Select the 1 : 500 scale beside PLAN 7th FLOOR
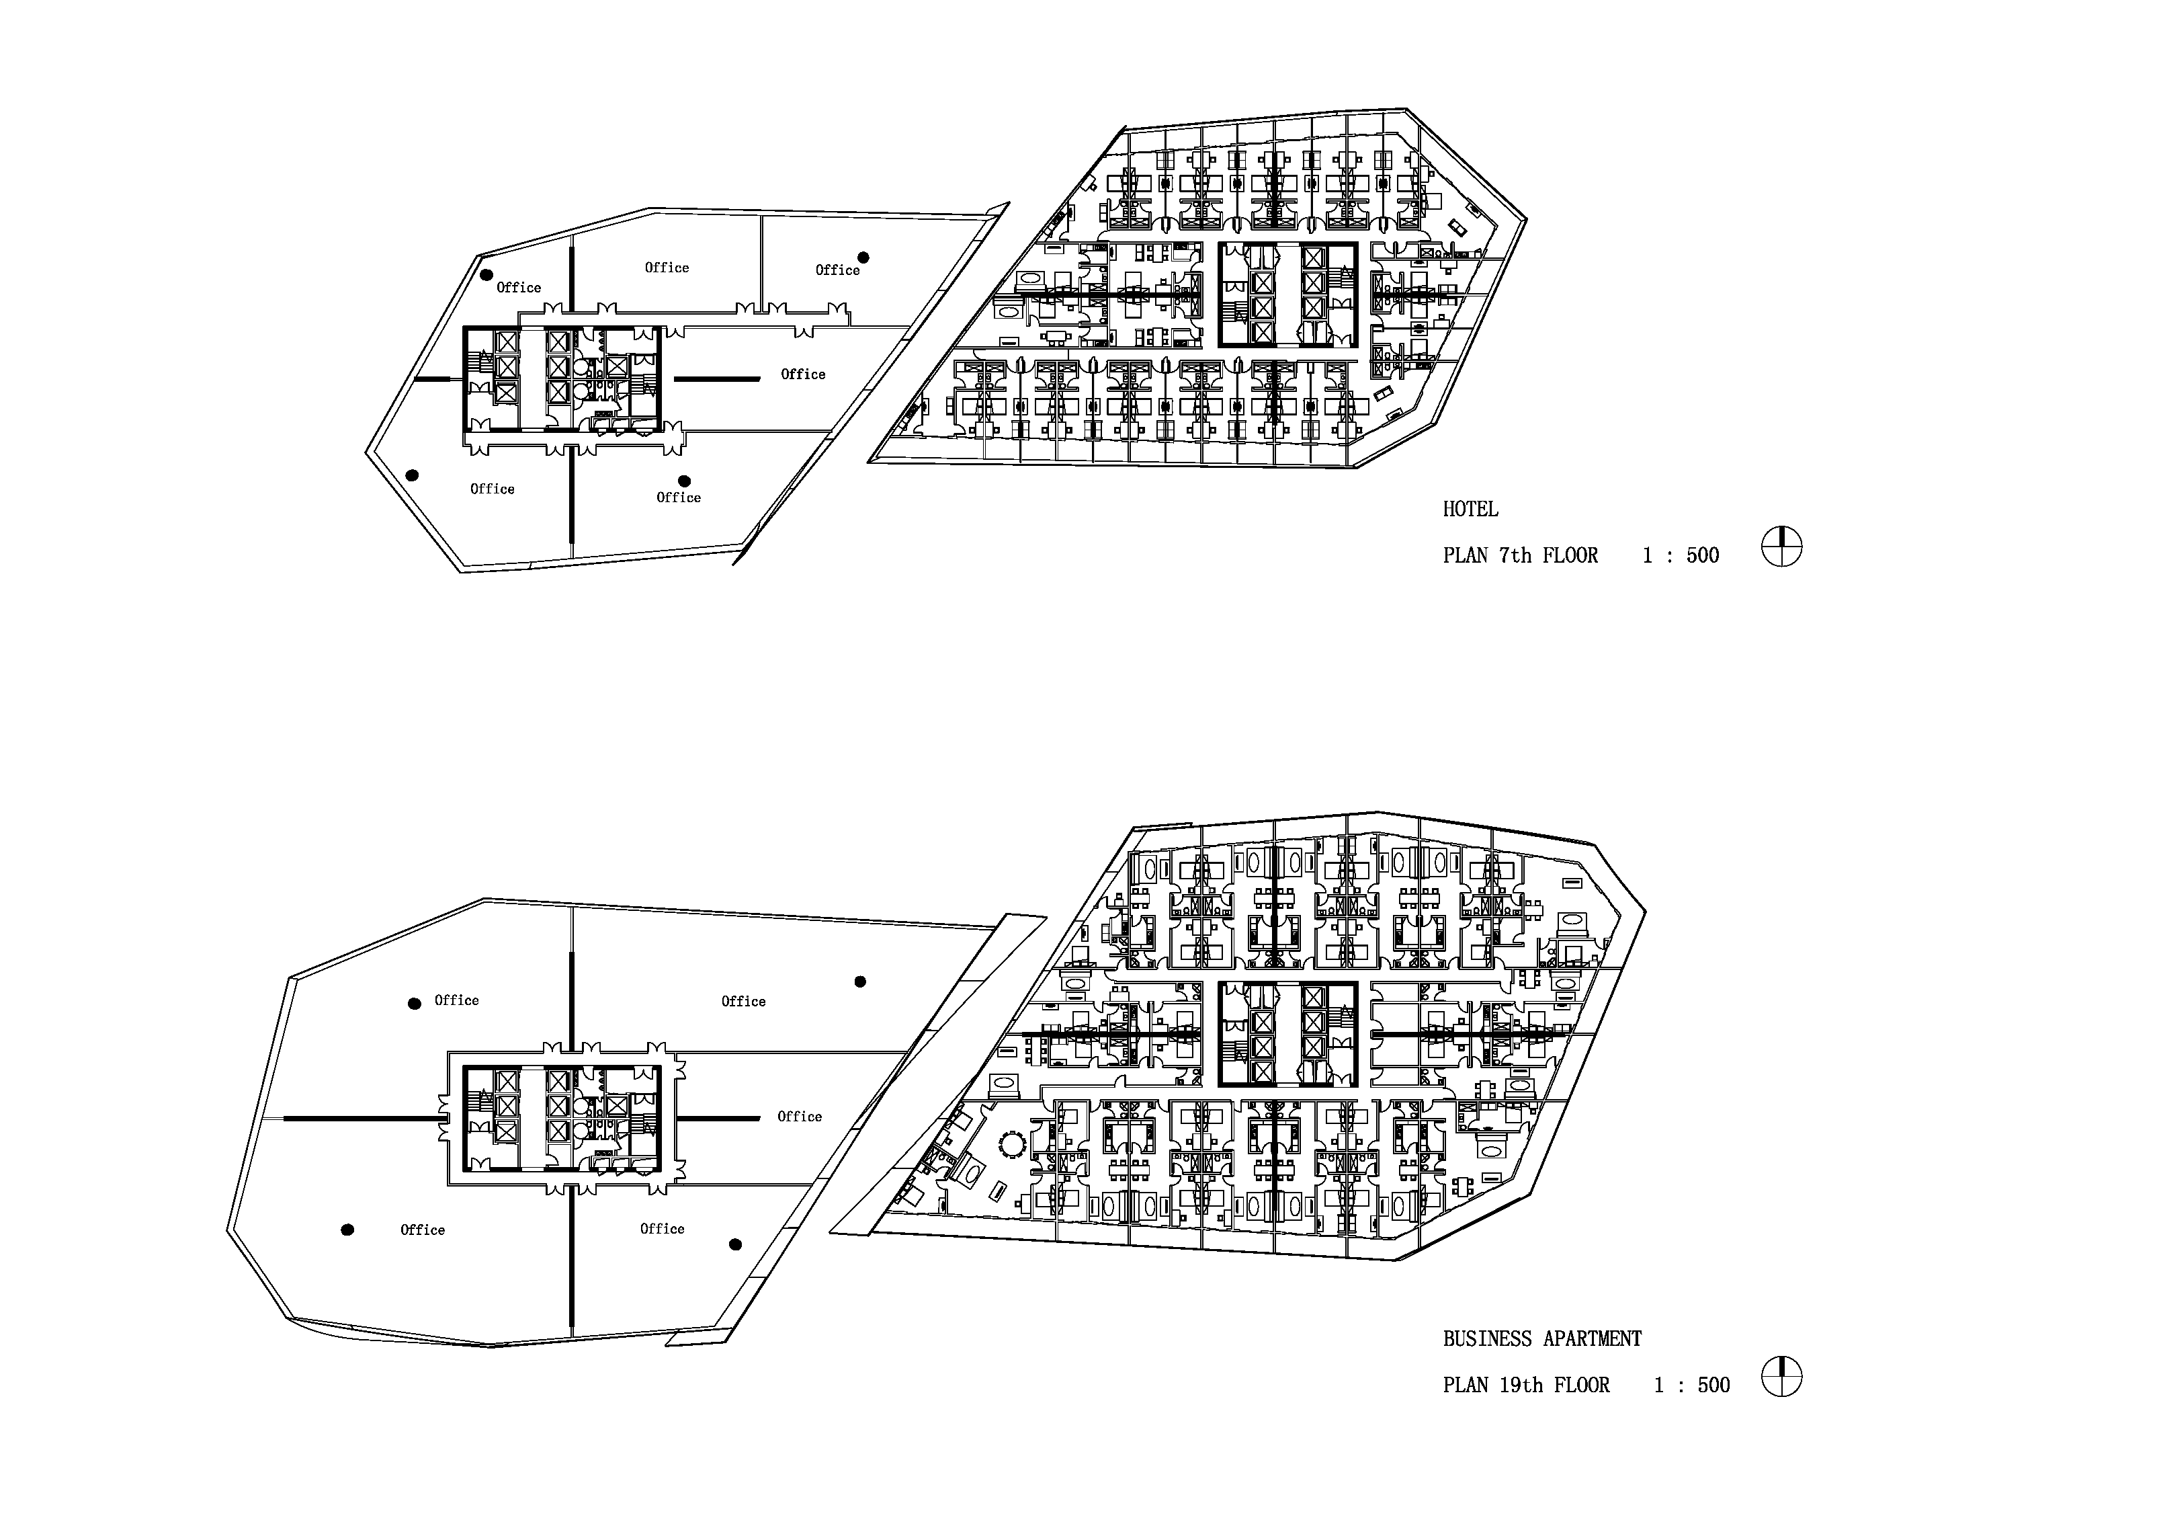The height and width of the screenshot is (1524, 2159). (x=1681, y=556)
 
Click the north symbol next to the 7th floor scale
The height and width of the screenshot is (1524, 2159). (x=1781, y=547)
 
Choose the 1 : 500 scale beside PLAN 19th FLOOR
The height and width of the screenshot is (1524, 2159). (x=1692, y=1386)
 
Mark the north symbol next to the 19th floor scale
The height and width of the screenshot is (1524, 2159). (x=1781, y=1376)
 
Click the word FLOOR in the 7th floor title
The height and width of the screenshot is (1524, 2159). (x=1570, y=556)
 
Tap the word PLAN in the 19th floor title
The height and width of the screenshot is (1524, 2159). (x=1465, y=1386)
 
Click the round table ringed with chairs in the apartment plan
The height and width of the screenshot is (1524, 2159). (x=1013, y=1145)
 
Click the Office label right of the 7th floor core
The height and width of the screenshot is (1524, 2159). (x=803, y=374)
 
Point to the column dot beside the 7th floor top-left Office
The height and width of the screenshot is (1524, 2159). (x=486, y=275)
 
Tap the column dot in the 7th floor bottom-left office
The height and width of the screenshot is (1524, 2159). (x=412, y=475)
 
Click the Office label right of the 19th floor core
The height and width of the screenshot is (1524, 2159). (x=799, y=1117)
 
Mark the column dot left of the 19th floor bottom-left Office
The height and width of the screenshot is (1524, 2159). (x=347, y=1230)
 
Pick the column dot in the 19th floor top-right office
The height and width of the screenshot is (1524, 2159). (x=859, y=982)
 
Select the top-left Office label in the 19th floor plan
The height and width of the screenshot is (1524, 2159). (x=456, y=1001)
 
